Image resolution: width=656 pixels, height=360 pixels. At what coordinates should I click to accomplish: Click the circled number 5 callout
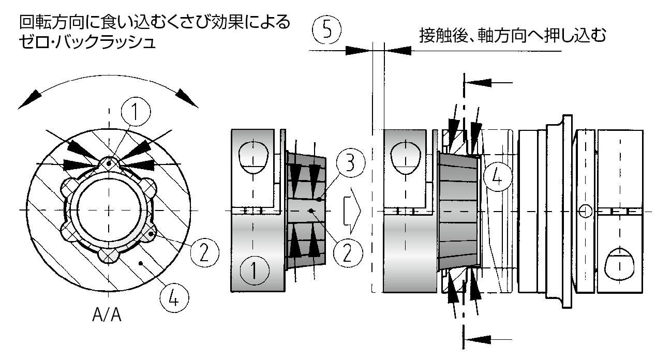(326, 30)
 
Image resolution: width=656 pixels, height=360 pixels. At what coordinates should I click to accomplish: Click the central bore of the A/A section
(109, 209)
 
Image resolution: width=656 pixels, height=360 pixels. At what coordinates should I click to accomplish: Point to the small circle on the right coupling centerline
(586, 211)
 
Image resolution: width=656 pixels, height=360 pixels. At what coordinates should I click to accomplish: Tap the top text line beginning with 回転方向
(154, 23)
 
